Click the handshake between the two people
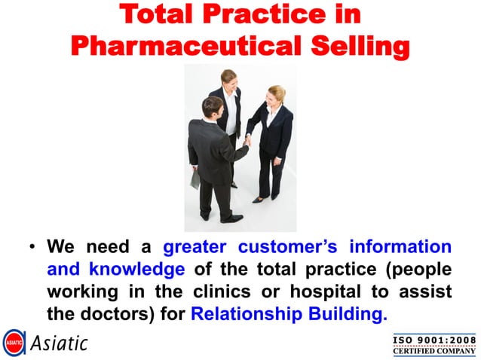click(x=247, y=140)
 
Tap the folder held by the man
click(x=196, y=179)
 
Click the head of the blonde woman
click(x=277, y=94)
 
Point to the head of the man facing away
click(x=213, y=108)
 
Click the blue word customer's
click(x=287, y=247)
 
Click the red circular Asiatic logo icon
click(x=14, y=343)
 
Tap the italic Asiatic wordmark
click(x=59, y=343)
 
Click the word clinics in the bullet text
click(x=267, y=291)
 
